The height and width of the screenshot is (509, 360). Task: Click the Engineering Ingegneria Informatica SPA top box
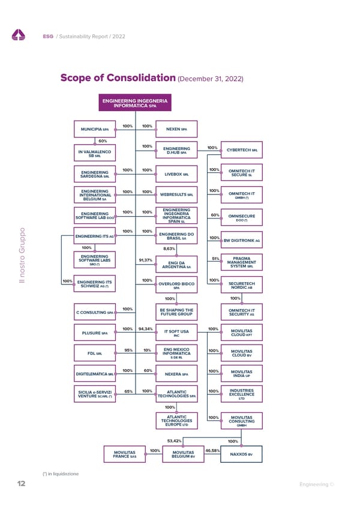click(x=135, y=103)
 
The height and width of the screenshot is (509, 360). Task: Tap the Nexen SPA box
click(x=176, y=129)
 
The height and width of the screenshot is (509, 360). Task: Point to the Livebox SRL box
click(x=176, y=174)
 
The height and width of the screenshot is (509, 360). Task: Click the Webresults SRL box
click(x=176, y=194)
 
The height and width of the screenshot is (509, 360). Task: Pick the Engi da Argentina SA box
click(x=176, y=264)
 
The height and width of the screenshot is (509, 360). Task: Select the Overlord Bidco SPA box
click(x=176, y=286)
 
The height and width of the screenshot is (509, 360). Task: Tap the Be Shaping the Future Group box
click(x=176, y=312)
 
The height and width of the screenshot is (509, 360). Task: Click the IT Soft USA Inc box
click(x=176, y=333)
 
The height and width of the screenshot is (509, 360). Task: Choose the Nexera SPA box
click(x=176, y=375)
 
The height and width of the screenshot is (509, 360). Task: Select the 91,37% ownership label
click(x=145, y=260)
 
